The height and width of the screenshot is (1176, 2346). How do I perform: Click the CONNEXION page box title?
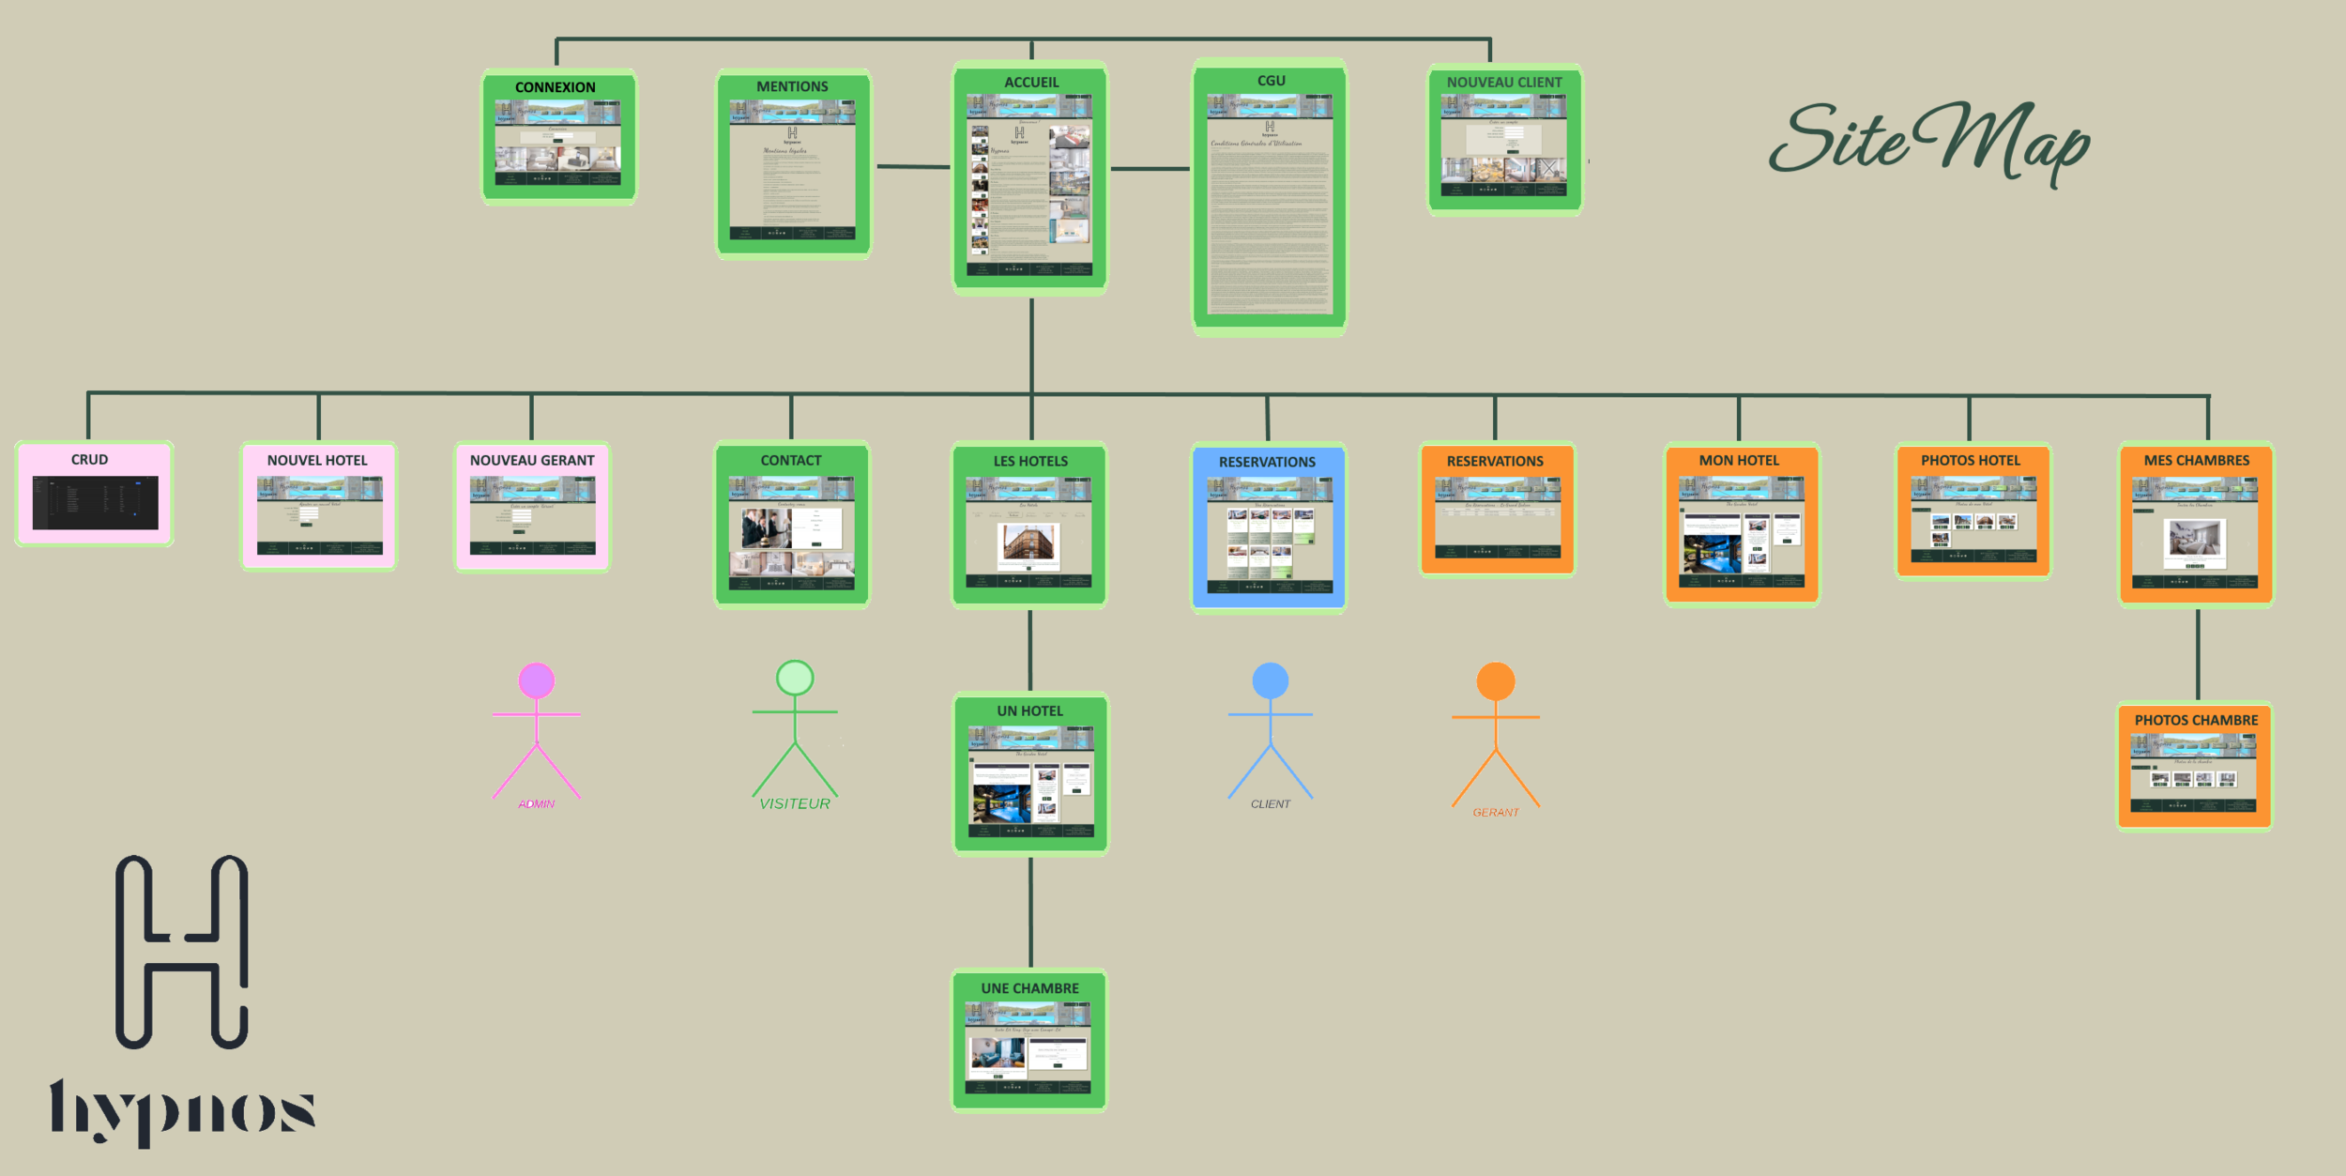coord(555,87)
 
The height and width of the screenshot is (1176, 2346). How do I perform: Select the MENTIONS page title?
coord(792,86)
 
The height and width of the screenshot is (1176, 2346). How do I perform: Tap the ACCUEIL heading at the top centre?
coord(1031,83)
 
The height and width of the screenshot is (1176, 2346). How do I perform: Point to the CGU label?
coord(1271,81)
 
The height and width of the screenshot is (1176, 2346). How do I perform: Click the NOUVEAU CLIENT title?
coord(1504,83)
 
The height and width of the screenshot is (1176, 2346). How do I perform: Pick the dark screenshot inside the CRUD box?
coord(95,502)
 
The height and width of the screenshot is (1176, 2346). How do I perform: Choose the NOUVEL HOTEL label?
coord(317,460)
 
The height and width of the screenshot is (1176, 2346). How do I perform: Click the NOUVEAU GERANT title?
coord(532,460)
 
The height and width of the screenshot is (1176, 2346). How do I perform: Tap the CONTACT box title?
coord(790,460)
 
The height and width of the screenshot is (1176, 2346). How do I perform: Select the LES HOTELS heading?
coord(1030,461)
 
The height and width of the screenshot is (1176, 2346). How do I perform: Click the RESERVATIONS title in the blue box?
coord(1267,462)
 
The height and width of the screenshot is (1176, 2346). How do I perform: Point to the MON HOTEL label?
coord(1739,460)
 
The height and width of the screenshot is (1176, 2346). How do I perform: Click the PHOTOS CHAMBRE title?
coord(2196,720)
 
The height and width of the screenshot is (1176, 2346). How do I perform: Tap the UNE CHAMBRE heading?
coord(1029,988)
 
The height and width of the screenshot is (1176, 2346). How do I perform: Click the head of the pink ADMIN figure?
coord(537,680)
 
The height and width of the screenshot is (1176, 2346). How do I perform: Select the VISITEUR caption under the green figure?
coord(794,803)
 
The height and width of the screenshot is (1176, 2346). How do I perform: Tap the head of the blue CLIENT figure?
coord(1271,680)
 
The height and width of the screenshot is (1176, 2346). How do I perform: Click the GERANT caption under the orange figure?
coord(1495,812)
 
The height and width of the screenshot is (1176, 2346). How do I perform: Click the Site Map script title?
coord(1928,141)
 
